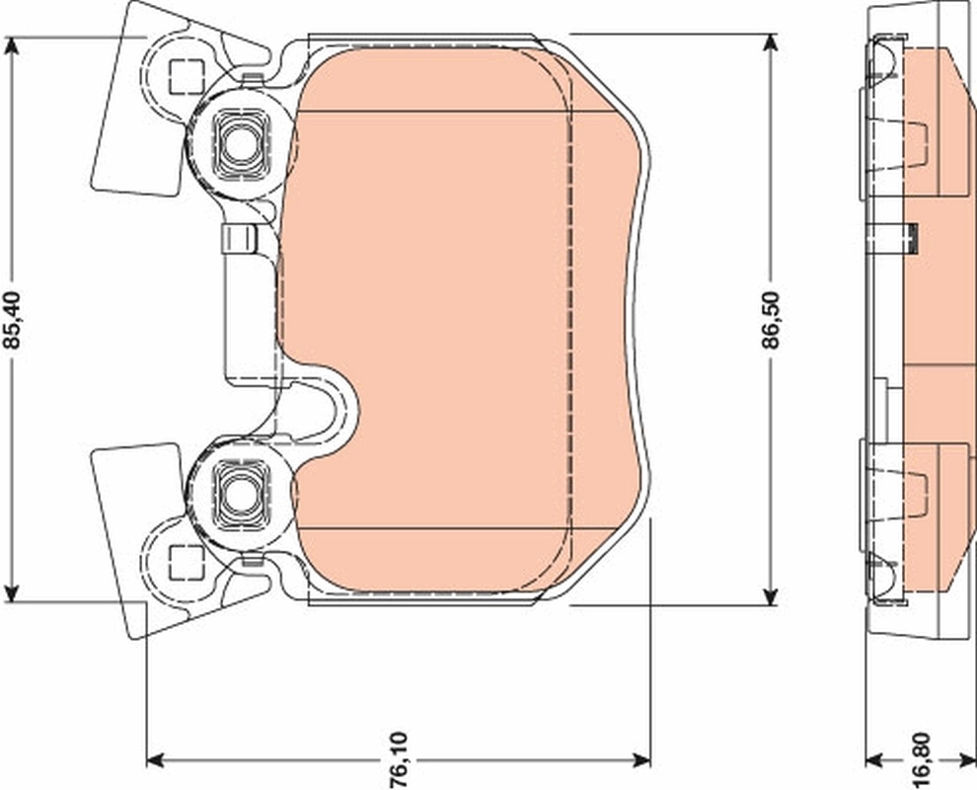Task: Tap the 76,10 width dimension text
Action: click(x=399, y=758)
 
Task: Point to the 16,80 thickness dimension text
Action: click(x=920, y=757)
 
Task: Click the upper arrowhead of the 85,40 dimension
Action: click(x=12, y=45)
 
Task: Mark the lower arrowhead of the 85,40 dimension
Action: click(x=12, y=593)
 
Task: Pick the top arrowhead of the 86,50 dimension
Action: click(x=771, y=42)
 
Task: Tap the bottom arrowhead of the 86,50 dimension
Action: click(x=771, y=596)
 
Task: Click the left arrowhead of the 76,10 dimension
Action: click(x=154, y=759)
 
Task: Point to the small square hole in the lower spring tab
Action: click(x=184, y=560)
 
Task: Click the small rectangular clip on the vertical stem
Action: click(x=240, y=239)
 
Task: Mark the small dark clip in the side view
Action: click(x=913, y=238)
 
